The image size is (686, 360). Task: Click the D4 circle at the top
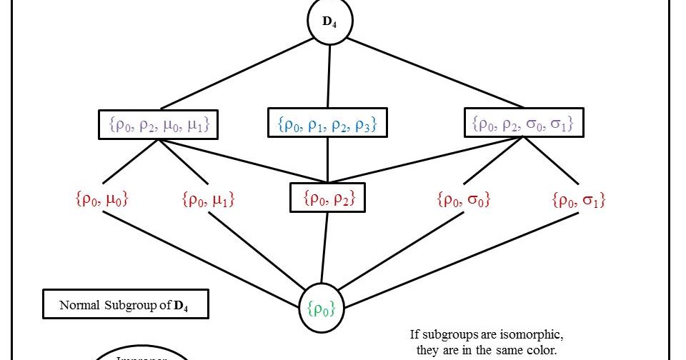pyautogui.click(x=329, y=21)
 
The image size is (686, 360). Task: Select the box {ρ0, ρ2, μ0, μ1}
pyautogui.click(x=158, y=125)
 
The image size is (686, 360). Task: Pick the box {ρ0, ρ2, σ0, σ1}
pyautogui.click(x=524, y=124)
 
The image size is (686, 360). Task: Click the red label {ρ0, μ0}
pyautogui.click(x=101, y=200)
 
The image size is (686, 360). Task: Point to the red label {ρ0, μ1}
pyautogui.click(x=208, y=200)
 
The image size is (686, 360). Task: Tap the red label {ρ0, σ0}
pyautogui.click(x=462, y=200)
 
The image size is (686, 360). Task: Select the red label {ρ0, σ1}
pyautogui.click(x=579, y=200)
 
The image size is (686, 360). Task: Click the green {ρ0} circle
pyautogui.click(x=320, y=308)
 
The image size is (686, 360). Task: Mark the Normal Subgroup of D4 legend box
pyautogui.click(x=125, y=305)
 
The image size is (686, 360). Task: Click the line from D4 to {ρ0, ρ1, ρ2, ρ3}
pyautogui.click(x=329, y=75)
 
